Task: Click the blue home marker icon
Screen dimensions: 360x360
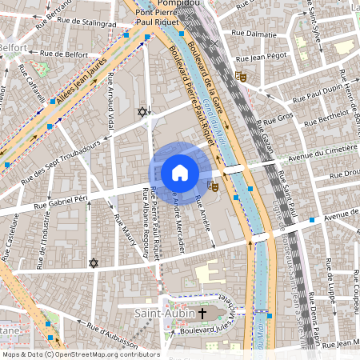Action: point(180,172)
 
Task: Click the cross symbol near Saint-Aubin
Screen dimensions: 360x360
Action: point(202,313)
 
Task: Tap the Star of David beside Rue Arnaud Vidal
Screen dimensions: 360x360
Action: point(142,112)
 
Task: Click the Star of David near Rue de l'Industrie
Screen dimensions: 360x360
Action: point(93,262)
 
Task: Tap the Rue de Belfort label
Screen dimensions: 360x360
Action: point(64,54)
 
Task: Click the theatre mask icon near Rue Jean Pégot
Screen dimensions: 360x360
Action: point(241,77)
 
